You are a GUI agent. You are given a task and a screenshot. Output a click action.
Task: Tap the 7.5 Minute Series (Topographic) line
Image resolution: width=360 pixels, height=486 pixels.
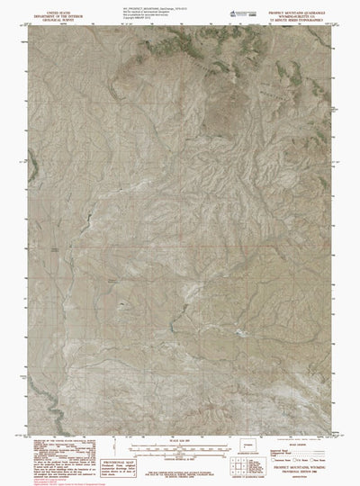[x=302, y=18]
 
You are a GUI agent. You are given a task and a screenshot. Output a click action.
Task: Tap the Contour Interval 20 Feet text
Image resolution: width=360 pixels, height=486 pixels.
[x=180, y=459]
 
